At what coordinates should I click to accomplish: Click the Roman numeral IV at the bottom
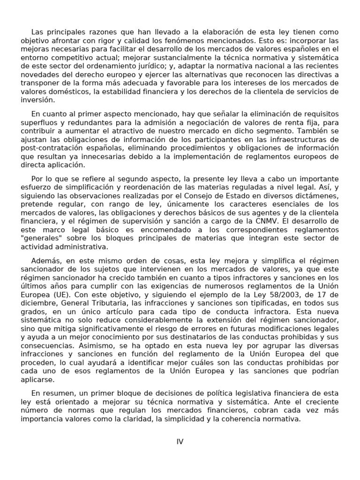click(180, 442)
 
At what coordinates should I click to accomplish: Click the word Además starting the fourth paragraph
click(46, 260)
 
